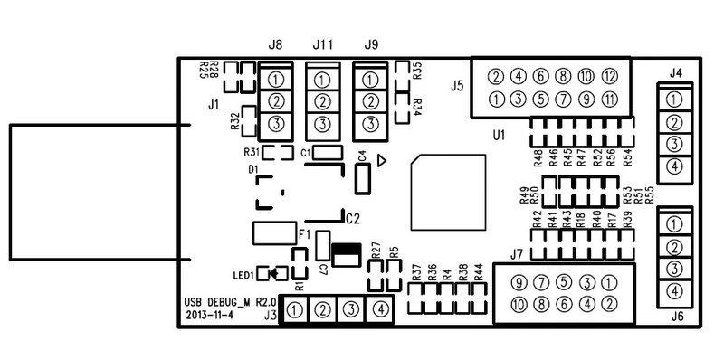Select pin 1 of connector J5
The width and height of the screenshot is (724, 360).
[497, 99]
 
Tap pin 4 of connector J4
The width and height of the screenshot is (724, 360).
[672, 166]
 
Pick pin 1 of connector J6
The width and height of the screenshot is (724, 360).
[672, 223]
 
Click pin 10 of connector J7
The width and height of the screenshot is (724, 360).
[518, 304]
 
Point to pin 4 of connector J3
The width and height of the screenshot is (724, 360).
[381, 309]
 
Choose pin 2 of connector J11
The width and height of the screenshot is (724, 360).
[321, 100]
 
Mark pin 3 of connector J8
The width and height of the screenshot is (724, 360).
[276, 124]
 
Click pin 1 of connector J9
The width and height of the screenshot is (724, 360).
[369, 78]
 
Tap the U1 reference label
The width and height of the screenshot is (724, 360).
[498, 136]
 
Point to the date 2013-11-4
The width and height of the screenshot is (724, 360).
[209, 316]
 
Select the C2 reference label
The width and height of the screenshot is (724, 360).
[353, 218]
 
